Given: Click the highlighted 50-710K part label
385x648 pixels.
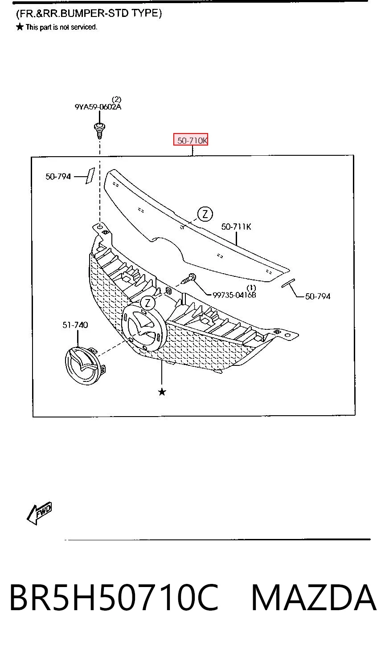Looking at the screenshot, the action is [x=191, y=140].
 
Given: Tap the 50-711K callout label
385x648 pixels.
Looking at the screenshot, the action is [x=236, y=227].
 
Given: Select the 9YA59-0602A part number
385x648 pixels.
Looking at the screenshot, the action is [x=98, y=107].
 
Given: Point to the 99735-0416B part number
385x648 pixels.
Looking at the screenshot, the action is [x=234, y=295].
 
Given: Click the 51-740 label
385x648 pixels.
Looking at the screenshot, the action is [x=75, y=325].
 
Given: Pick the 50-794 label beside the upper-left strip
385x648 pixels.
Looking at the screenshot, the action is [x=58, y=176].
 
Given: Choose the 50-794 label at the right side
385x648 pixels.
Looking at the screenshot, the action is [x=318, y=296].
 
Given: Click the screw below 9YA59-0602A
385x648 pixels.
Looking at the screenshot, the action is [x=99, y=131].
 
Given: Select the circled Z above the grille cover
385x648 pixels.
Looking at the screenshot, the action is [x=205, y=214].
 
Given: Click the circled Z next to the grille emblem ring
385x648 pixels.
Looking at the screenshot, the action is [x=148, y=303].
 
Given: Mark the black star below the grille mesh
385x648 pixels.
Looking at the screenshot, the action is [x=162, y=392].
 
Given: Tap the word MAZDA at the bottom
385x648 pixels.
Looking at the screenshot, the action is [x=314, y=597].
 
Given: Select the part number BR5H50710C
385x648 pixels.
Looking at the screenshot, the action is [x=114, y=597].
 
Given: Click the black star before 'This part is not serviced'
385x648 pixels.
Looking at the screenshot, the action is [x=20, y=27].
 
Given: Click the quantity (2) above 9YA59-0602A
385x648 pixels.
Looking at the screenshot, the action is [x=116, y=100].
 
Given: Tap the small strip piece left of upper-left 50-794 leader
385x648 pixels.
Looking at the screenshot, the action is [x=90, y=176].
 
